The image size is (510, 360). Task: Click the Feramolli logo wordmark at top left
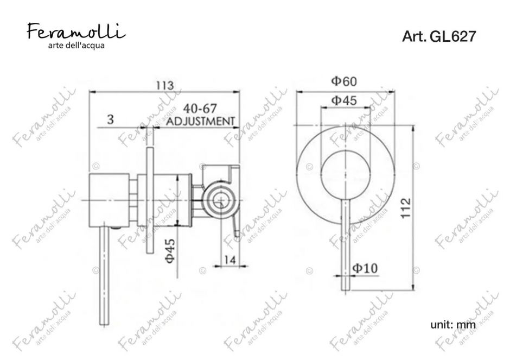coord(76,31)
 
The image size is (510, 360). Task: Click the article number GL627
coord(452,36)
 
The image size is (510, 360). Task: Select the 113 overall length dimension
coord(165,85)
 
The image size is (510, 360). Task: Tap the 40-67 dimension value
coord(199,109)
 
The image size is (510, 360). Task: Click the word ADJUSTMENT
coord(200,121)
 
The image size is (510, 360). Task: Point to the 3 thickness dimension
coord(111,119)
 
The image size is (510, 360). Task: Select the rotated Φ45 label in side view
coord(170,251)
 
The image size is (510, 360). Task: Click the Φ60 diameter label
coord(344,81)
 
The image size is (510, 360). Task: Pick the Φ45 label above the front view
coord(344,100)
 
